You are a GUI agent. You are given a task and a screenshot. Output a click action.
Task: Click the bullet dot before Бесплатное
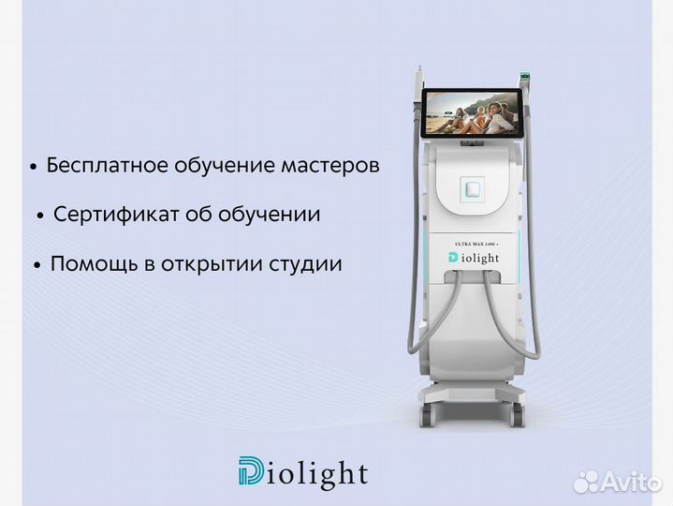coord(33,168)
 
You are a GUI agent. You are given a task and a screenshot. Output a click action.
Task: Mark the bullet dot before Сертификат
coord(40,216)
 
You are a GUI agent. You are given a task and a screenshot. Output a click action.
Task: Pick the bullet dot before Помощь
coord(37,266)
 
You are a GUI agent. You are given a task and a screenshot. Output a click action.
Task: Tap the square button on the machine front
coord(473,188)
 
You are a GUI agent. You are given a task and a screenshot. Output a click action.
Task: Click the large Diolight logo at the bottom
coord(302,473)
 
